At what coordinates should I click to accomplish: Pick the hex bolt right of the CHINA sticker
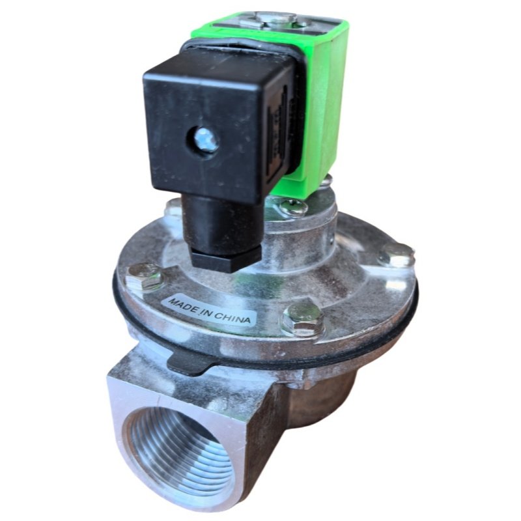click(x=303, y=318)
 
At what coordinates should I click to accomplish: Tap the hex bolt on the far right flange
click(x=397, y=256)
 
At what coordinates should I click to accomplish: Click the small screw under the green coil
click(x=292, y=208)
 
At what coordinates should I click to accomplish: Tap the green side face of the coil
click(x=329, y=98)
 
